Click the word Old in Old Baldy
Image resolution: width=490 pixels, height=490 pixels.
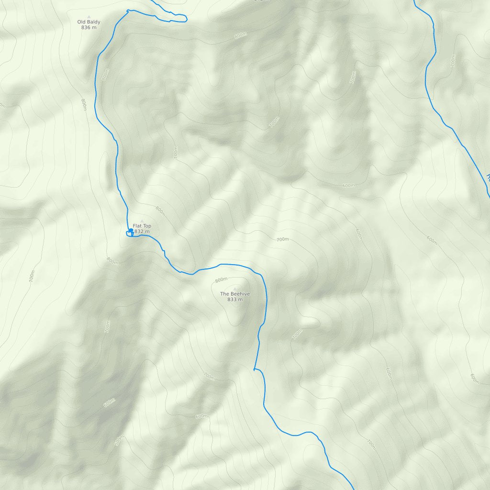coord(82,22)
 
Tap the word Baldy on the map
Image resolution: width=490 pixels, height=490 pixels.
coord(94,22)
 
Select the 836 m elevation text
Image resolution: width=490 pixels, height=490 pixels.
coord(89,28)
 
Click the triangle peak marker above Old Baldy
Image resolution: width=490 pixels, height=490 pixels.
coord(89,16)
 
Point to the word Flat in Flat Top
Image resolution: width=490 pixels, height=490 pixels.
coord(137,226)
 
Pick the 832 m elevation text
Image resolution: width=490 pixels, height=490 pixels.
coord(142,232)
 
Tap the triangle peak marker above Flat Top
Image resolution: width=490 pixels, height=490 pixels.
coord(142,221)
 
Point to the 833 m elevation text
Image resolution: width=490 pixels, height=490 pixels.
coord(235,300)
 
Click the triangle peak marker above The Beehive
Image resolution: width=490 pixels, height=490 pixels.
coord(235,288)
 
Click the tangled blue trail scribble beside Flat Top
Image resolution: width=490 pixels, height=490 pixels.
coord(129,233)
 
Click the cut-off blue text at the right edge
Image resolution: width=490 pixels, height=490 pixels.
coord(488,177)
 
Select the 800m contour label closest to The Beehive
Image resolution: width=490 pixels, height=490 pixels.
coord(221,280)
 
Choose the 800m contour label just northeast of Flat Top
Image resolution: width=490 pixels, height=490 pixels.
coord(160,211)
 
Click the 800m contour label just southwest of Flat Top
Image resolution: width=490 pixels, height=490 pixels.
coord(112,261)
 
